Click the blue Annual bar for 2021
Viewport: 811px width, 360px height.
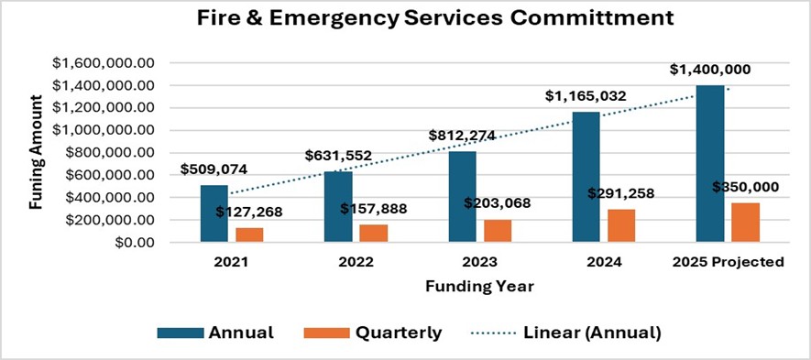(214, 213)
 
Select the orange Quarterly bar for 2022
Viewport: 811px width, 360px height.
(374, 233)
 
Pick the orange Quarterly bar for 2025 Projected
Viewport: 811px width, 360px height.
(745, 222)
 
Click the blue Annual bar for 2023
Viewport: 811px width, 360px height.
(463, 196)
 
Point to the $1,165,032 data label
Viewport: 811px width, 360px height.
(586, 96)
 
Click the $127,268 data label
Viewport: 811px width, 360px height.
(249, 213)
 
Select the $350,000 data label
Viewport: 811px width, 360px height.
(745, 187)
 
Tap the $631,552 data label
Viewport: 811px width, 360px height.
(338, 155)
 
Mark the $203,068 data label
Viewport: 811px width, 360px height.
(497, 202)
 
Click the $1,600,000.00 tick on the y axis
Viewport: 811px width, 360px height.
(104, 63)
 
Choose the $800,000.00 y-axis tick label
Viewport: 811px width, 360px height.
(111, 153)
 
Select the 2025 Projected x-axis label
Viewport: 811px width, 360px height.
(728, 262)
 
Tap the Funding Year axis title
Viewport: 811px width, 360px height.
(480, 286)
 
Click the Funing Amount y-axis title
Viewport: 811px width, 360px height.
(36, 153)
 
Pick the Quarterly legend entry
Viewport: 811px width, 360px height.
(373, 333)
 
